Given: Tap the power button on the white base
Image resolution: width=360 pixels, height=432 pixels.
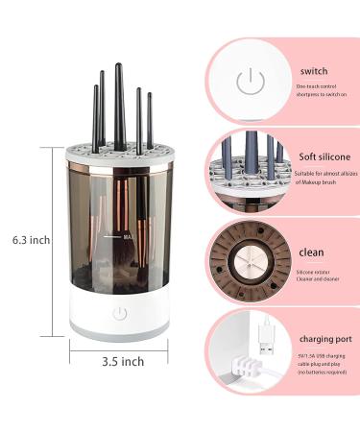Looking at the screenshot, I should tap(120, 314).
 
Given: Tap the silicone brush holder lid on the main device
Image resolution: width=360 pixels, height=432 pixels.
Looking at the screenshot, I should tap(120, 151).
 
